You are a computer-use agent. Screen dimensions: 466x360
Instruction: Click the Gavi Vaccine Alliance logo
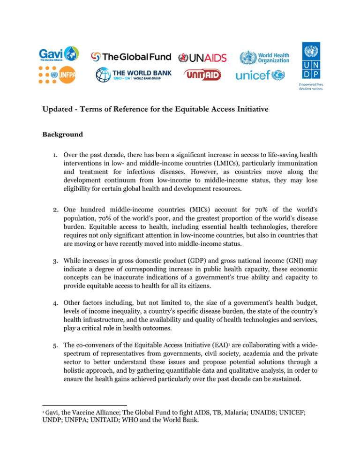pos(59,55)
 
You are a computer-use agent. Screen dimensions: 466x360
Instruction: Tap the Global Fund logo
pos(132,57)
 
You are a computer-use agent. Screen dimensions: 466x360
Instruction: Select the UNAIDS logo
pos(203,58)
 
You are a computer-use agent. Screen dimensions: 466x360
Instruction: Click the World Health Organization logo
pos(264,57)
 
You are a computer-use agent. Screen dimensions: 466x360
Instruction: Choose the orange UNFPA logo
pos(59,74)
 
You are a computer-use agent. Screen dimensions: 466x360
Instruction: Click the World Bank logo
pos(134,75)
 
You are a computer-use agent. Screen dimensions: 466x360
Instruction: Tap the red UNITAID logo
pos(202,75)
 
